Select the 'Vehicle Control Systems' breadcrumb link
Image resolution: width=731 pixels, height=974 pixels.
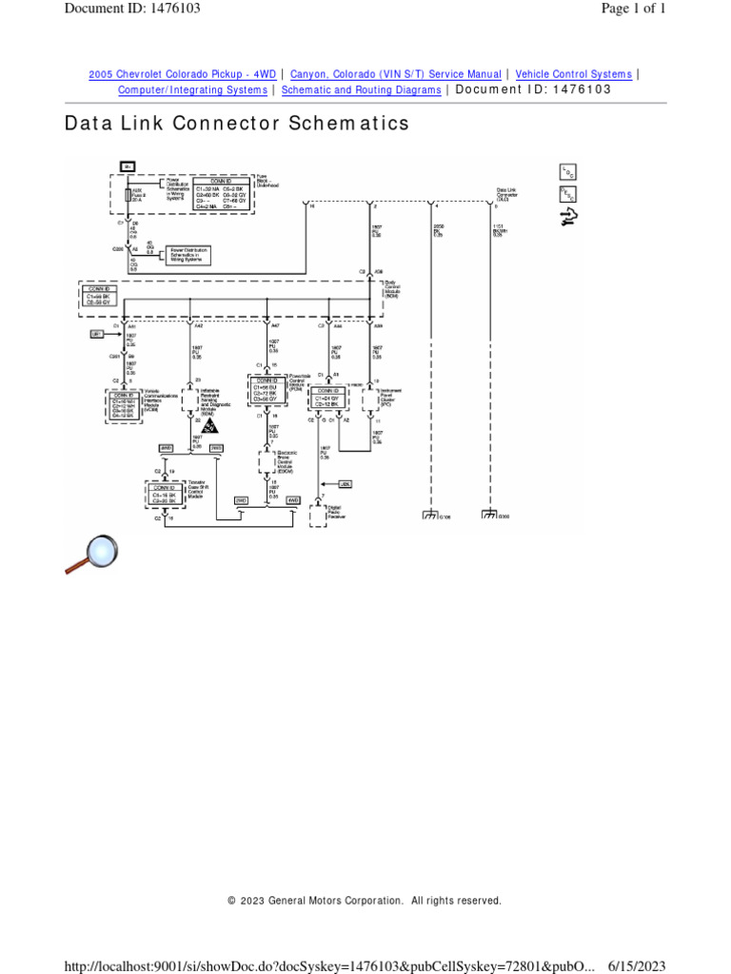click(573, 74)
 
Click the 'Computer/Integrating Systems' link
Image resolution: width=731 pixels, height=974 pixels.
click(192, 89)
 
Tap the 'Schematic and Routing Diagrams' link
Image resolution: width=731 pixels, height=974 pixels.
click(361, 89)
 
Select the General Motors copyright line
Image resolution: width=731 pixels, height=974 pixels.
click(365, 900)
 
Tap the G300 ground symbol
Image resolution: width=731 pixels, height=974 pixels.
click(490, 516)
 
